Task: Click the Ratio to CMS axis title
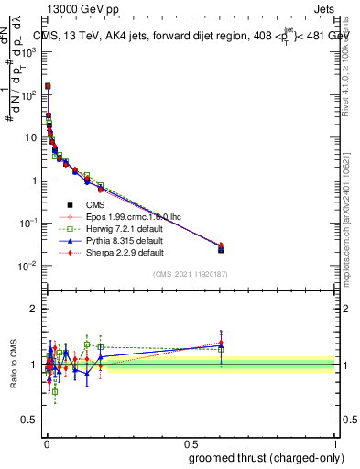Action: [12, 365]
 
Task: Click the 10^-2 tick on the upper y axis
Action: [28, 266]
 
